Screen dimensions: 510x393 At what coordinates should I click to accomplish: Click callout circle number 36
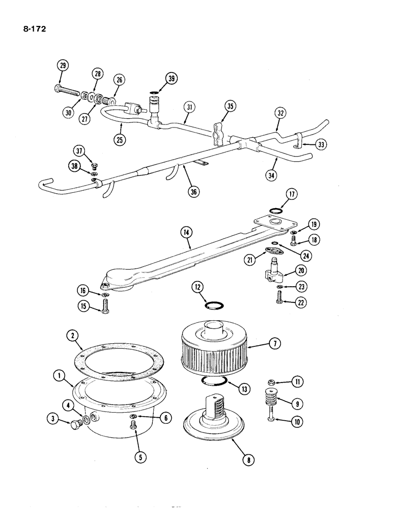coord(193,191)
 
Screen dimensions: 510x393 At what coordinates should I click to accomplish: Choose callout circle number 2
coord(74,335)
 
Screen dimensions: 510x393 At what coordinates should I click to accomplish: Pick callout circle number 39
coord(171,78)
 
